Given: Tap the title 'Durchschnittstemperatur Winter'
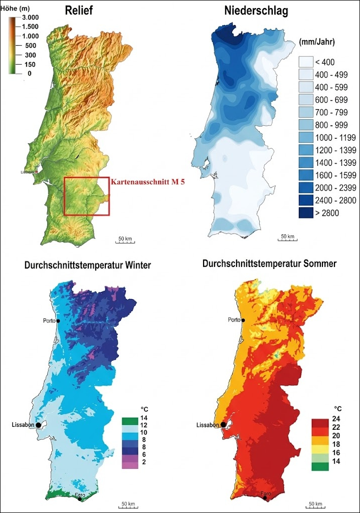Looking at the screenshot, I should click(x=87, y=265).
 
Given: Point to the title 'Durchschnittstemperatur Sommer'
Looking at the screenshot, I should click(x=269, y=263).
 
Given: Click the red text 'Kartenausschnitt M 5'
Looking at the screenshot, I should click(x=148, y=182).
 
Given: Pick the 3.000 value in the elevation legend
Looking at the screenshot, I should click(x=30, y=18).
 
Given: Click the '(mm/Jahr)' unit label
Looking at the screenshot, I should click(x=316, y=41).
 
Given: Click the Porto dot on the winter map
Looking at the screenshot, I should click(x=58, y=321).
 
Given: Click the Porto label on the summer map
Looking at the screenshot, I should click(x=234, y=320).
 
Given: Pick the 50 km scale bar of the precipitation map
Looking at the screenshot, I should click(x=287, y=238).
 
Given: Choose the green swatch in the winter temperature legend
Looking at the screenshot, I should click(x=129, y=418).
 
